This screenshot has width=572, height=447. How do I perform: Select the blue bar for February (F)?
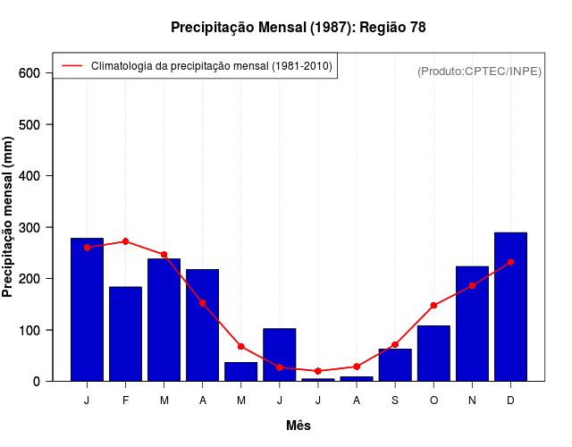126,333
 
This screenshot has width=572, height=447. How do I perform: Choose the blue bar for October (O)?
433,353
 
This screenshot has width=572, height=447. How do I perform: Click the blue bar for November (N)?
472,324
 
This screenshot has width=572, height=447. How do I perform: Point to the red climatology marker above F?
126,241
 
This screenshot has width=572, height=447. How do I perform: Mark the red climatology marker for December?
510,262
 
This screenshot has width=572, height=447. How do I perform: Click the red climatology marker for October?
433,306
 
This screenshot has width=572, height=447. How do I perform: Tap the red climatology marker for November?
472,285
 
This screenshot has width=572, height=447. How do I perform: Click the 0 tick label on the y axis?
37,382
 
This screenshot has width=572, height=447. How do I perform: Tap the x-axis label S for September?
395,401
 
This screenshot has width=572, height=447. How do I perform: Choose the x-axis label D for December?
510,401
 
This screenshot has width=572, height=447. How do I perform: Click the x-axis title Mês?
299,426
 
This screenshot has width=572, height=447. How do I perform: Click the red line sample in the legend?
71,66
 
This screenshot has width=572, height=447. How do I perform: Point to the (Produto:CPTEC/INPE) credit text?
479,71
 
